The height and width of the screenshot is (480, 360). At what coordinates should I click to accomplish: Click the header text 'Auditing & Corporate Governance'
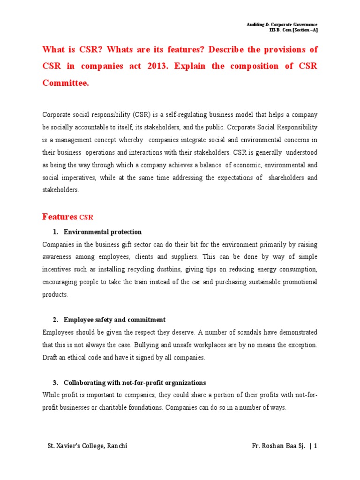click(282, 24)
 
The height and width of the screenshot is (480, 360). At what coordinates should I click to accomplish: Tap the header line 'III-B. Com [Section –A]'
click(293, 30)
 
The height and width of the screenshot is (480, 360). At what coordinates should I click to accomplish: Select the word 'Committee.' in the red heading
click(65, 83)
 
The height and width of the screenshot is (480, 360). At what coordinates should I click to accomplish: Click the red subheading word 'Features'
click(60, 217)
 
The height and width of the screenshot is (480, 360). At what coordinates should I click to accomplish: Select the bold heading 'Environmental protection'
click(102, 232)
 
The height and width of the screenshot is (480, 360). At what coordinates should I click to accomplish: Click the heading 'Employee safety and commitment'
click(114, 320)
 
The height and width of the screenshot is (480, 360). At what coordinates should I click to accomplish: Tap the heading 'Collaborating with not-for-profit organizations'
click(135, 382)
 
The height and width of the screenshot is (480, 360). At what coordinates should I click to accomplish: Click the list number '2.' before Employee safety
click(55, 320)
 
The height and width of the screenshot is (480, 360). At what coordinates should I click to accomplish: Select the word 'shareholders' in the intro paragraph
click(287, 178)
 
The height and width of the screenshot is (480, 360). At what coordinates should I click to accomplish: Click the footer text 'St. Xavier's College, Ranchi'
click(87, 446)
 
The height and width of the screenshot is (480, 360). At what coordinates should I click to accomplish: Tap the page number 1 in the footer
click(316, 446)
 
